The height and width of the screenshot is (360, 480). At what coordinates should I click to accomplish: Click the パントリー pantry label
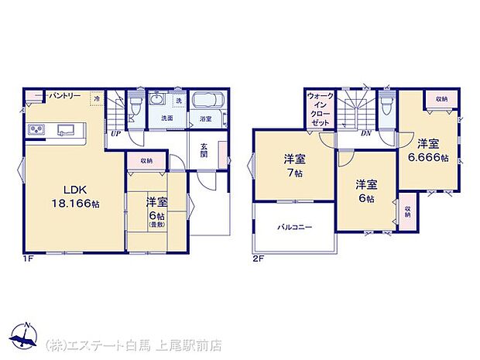(66, 95)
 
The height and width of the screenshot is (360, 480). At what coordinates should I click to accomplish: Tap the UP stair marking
(115, 132)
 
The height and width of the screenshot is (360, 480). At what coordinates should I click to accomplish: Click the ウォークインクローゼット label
(319, 109)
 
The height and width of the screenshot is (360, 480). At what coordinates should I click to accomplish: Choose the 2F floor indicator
(257, 259)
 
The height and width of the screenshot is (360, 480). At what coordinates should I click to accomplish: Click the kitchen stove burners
(38, 129)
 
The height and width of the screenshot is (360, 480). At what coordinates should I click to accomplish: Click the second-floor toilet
(387, 102)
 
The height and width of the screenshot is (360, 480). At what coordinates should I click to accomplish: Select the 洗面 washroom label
(166, 118)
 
